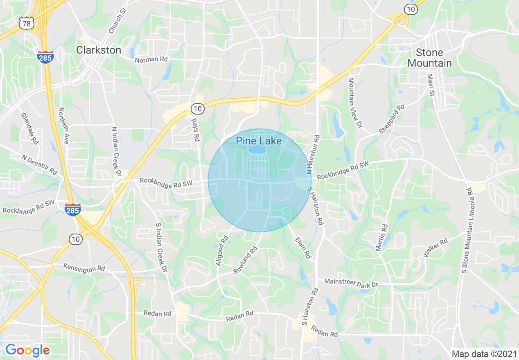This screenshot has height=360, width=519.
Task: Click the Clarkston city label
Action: pyautogui.click(x=99, y=50)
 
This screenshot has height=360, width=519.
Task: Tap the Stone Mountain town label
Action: pyautogui.click(x=429, y=58)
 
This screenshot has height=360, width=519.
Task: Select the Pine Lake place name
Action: pyautogui.click(x=259, y=141)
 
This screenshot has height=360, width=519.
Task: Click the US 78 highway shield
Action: pyautogui.click(x=27, y=24)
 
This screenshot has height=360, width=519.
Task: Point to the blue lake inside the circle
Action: pyautogui.click(x=257, y=151)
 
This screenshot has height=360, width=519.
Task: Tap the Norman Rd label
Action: pyautogui.click(x=151, y=60)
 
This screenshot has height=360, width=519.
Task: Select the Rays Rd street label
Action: pyautogui.click(x=196, y=130)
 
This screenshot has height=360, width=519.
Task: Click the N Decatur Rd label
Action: pyautogui.click(x=40, y=164)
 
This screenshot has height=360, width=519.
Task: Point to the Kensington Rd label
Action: pyautogui.click(x=84, y=268)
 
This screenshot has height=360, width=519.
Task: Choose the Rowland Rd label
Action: pyautogui.click(x=245, y=261)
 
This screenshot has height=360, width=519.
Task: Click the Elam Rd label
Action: pyautogui.click(x=302, y=248)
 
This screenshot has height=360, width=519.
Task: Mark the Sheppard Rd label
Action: pyautogui.click(x=391, y=119)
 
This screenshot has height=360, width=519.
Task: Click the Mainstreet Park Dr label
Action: pyautogui.click(x=351, y=283)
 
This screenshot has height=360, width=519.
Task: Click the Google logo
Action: pyautogui.click(x=27, y=350)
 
